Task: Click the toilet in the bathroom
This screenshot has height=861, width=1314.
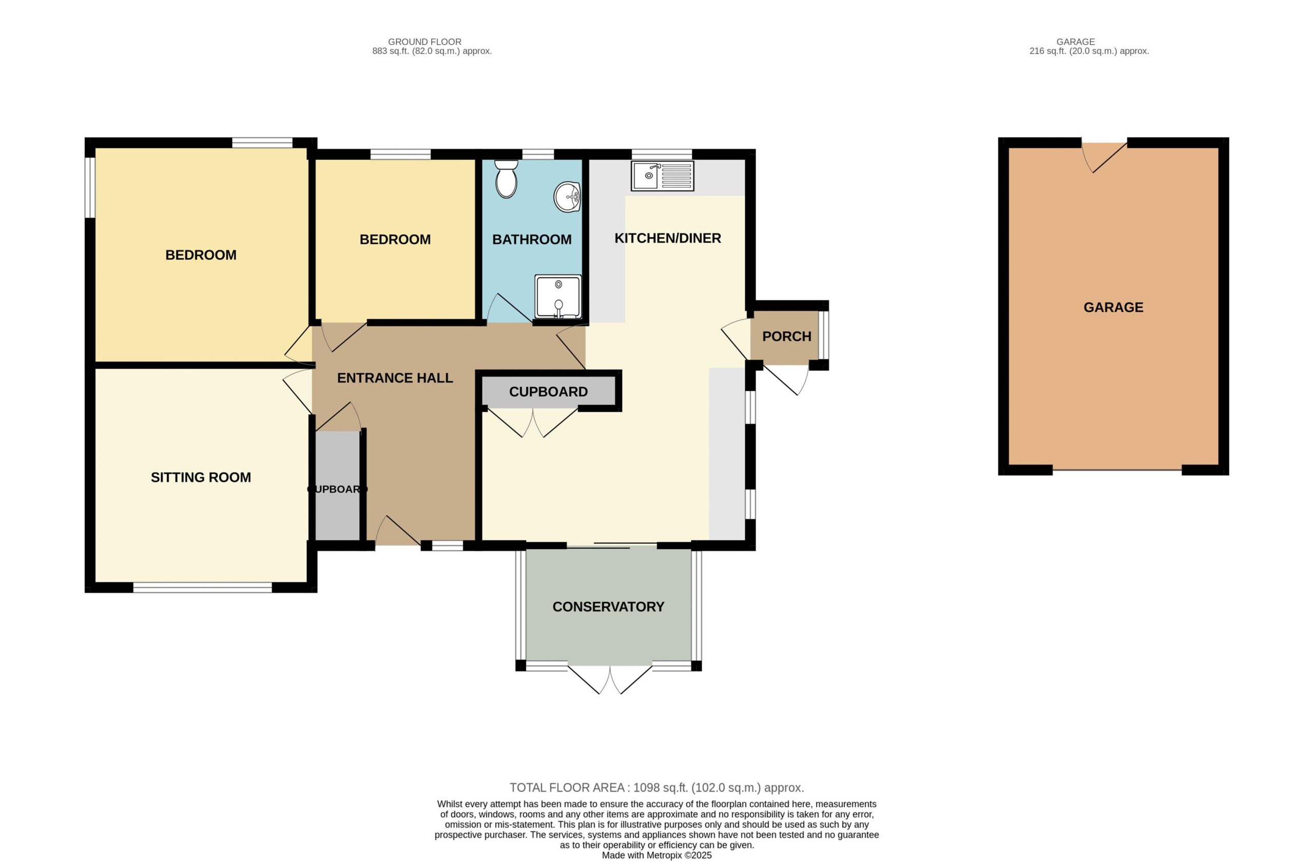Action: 506,178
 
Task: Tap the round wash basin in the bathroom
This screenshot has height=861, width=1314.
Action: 568,197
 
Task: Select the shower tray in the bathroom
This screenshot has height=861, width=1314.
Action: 557,297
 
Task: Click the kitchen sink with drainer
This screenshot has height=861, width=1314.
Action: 662,176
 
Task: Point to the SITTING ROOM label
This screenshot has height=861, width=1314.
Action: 201,477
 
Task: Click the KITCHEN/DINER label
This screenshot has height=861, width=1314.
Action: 667,238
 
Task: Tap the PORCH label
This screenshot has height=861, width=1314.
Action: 787,336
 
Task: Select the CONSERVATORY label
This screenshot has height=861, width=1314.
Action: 608,606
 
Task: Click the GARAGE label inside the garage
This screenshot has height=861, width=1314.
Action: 1113,307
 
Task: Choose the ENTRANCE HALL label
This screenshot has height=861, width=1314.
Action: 395,378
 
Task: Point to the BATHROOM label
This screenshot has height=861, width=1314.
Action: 532,239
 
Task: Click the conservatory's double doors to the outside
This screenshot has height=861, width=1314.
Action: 610,679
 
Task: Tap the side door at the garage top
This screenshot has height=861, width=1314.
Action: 1104,157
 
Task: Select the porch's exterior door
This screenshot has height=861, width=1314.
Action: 786,379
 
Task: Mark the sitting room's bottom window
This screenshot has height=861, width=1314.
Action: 203,588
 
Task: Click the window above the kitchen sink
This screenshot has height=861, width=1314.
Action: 662,154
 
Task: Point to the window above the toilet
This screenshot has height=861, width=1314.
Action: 538,154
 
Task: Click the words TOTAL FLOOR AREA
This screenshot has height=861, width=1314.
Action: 567,788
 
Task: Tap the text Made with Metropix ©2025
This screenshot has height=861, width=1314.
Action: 656,855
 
